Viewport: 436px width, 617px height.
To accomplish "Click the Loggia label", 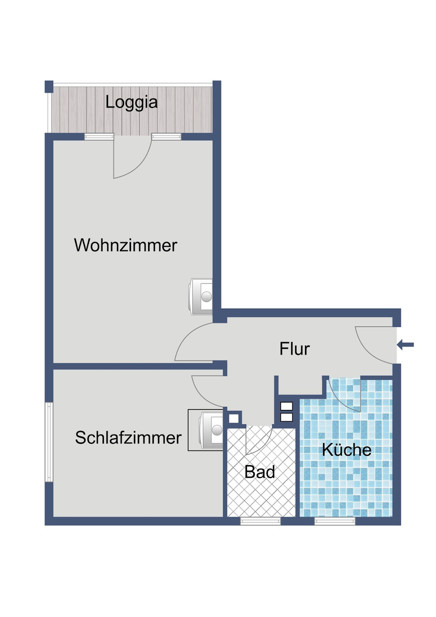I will [x=131, y=102].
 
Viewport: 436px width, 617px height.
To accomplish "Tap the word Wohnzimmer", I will [x=126, y=245].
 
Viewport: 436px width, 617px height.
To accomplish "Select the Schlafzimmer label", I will [x=128, y=438].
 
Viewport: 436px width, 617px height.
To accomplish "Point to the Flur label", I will [x=294, y=349].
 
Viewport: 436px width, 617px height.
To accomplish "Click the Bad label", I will [x=260, y=472].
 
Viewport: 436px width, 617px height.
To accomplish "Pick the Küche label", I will [x=347, y=450].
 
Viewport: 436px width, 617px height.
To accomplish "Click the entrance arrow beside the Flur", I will [x=405, y=345].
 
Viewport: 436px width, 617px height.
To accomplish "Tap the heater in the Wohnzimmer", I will [x=201, y=297].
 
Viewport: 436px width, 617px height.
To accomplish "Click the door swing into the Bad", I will [x=258, y=440].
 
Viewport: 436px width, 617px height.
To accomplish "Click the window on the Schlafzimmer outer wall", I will [x=49, y=442].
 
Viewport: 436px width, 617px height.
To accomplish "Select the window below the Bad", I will [x=260, y=521].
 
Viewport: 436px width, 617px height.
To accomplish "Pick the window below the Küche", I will [x=335, y=521].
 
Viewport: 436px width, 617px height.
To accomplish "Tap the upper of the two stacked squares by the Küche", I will [x=286, y=406].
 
